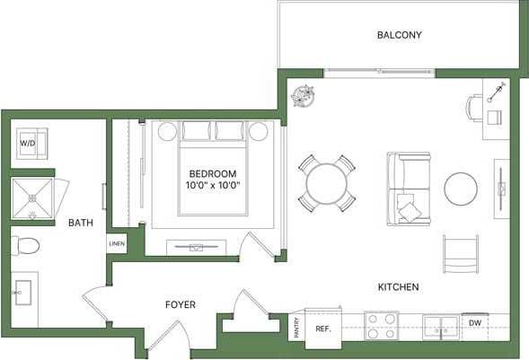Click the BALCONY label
399,35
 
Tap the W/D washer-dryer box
29,143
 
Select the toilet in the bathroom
25,245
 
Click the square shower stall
33,198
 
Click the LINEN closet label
117,243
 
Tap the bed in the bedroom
213,171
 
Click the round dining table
326,185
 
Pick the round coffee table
461,189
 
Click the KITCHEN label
398,287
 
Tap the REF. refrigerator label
323,329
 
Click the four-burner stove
381,325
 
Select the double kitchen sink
441,327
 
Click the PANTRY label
295,329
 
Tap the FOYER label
180,304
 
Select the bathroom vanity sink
22,293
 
